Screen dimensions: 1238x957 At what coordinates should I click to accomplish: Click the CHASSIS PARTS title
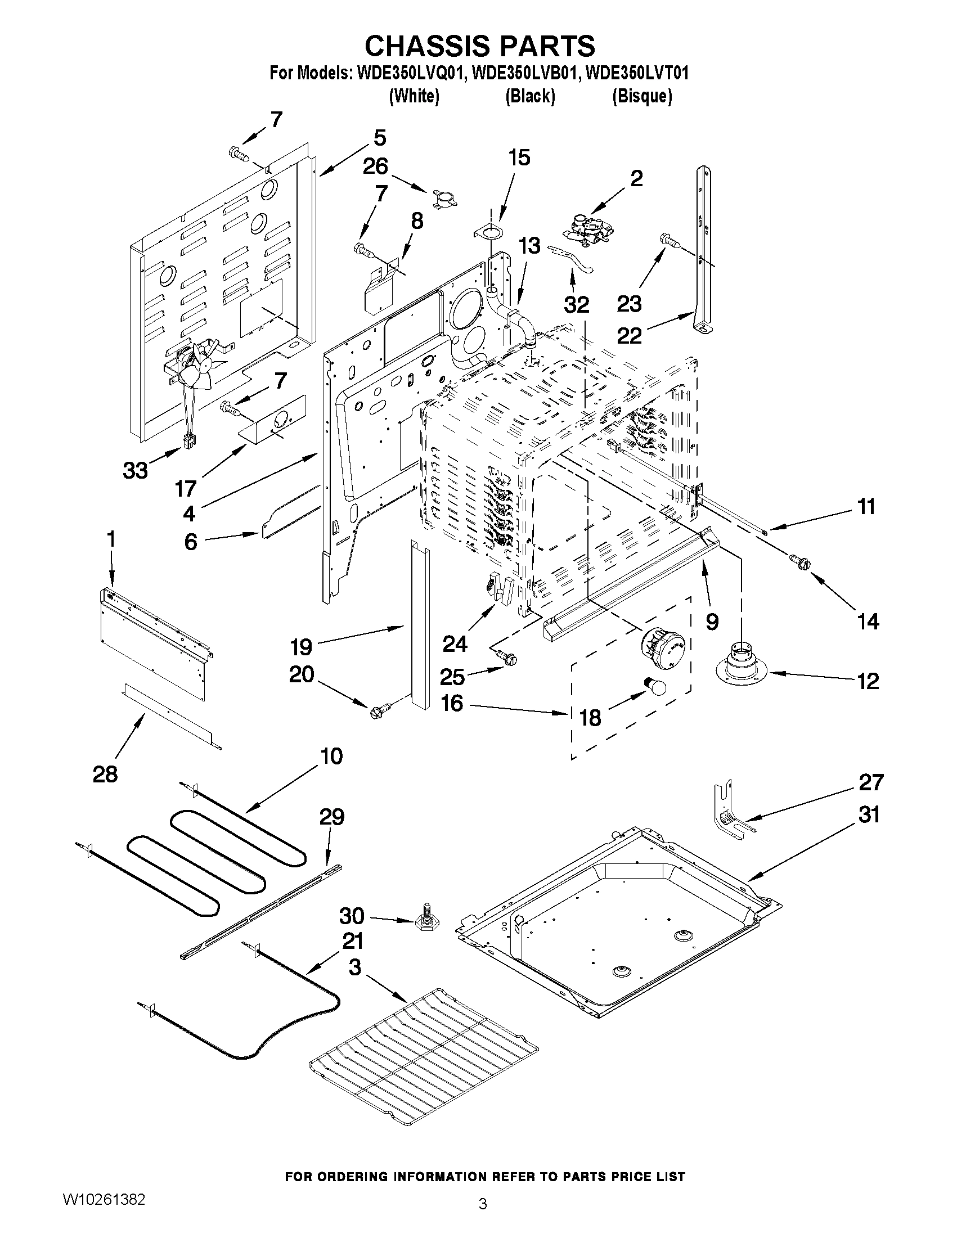coord(479,46)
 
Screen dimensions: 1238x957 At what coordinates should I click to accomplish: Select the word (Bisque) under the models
coord(642,96)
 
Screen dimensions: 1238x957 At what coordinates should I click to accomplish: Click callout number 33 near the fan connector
coord(135,470)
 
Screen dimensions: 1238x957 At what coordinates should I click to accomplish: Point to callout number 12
coord(868,680)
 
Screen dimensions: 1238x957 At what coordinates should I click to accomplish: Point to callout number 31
coord(869,815)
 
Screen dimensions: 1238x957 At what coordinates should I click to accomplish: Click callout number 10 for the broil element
coord(332,756)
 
